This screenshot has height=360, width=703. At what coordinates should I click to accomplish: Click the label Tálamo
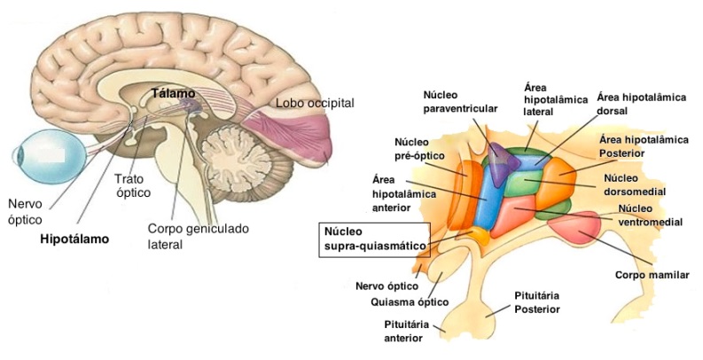pos(173,93)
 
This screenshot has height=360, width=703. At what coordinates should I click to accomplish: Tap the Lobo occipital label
pos(315,103)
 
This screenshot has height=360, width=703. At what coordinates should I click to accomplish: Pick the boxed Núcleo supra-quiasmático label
pos(373,239)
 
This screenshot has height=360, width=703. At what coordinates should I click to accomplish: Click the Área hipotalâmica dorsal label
pos(642,105)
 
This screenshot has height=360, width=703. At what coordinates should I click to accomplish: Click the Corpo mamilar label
pos(652,276)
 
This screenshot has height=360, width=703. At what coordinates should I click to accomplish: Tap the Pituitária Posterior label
pos(538,301)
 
